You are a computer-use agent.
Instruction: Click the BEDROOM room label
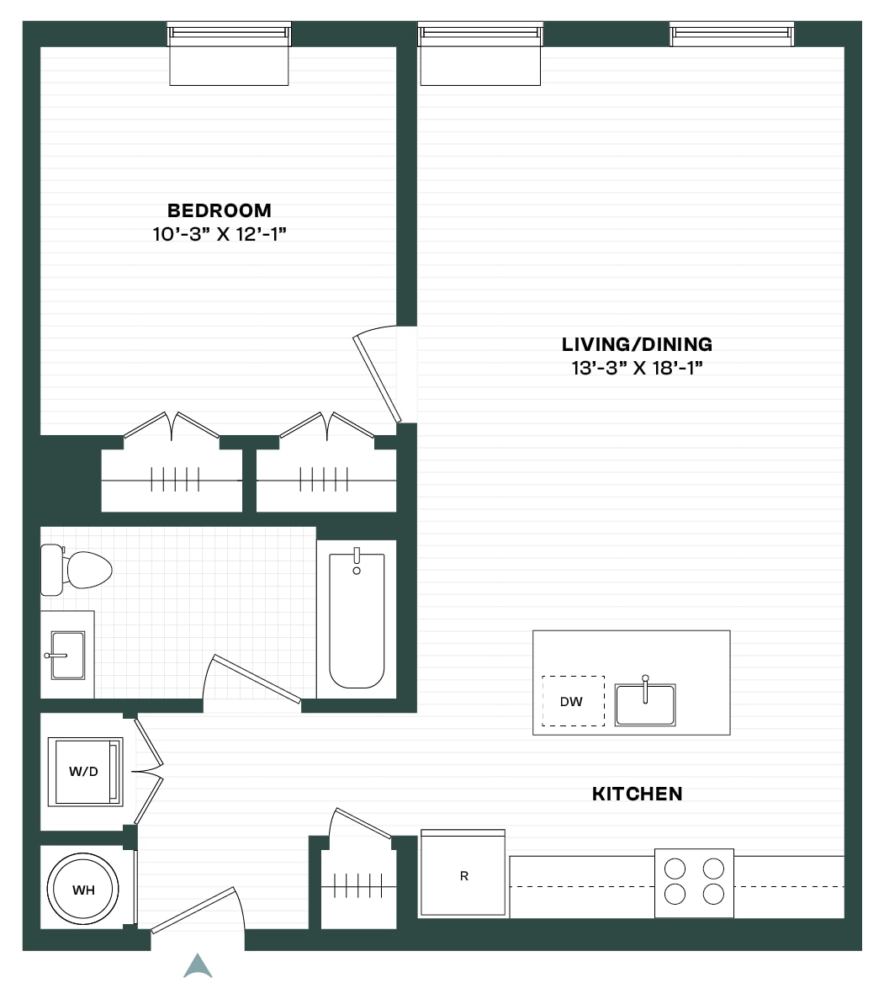click(219, 210)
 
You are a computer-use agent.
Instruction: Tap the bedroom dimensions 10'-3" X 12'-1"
click(219, 235)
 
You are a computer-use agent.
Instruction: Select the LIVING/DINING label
click(637, 344)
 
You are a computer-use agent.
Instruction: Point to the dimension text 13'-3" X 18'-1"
click(637, 369)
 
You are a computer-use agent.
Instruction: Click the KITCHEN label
click(637, 794)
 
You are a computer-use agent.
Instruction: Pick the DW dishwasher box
click(573, 701)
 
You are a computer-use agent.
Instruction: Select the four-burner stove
click(694, 883)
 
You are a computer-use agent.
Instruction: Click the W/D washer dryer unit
click(85, 772)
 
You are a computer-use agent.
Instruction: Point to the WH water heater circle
click(83, 890)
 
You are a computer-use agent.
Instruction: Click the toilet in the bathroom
click(76, 570)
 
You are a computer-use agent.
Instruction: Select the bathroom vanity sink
click(67, 655)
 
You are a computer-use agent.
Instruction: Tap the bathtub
click(357, 618)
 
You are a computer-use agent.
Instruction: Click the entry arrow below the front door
click(198, 966)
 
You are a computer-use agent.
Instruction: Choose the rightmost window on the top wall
click(732, 35)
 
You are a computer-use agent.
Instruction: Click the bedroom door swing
click(377, 376)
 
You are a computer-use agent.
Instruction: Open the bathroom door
click(256, 678)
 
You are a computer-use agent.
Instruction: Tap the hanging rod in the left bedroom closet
click(172, 480)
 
